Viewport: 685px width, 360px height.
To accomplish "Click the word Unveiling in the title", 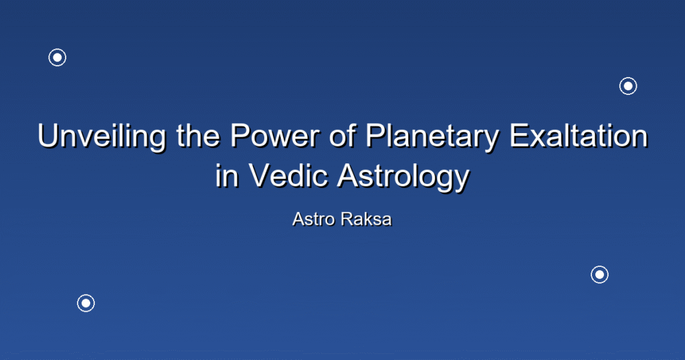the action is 102,137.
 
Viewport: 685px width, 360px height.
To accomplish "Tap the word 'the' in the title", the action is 198,136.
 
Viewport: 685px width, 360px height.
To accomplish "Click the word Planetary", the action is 431,137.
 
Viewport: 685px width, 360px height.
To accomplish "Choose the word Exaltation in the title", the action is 578,136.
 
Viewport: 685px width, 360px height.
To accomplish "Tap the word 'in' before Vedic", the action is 227,175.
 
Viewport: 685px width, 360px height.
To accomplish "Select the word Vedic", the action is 288,175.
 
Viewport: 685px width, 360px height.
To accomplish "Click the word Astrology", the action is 403,177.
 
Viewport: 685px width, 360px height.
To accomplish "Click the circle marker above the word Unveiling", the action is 58,58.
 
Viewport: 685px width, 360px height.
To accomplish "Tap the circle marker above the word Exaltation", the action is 628,86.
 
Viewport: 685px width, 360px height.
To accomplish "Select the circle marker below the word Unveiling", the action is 86,302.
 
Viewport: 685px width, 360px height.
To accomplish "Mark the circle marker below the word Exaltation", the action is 600,274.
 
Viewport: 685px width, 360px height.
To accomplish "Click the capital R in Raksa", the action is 347,219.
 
